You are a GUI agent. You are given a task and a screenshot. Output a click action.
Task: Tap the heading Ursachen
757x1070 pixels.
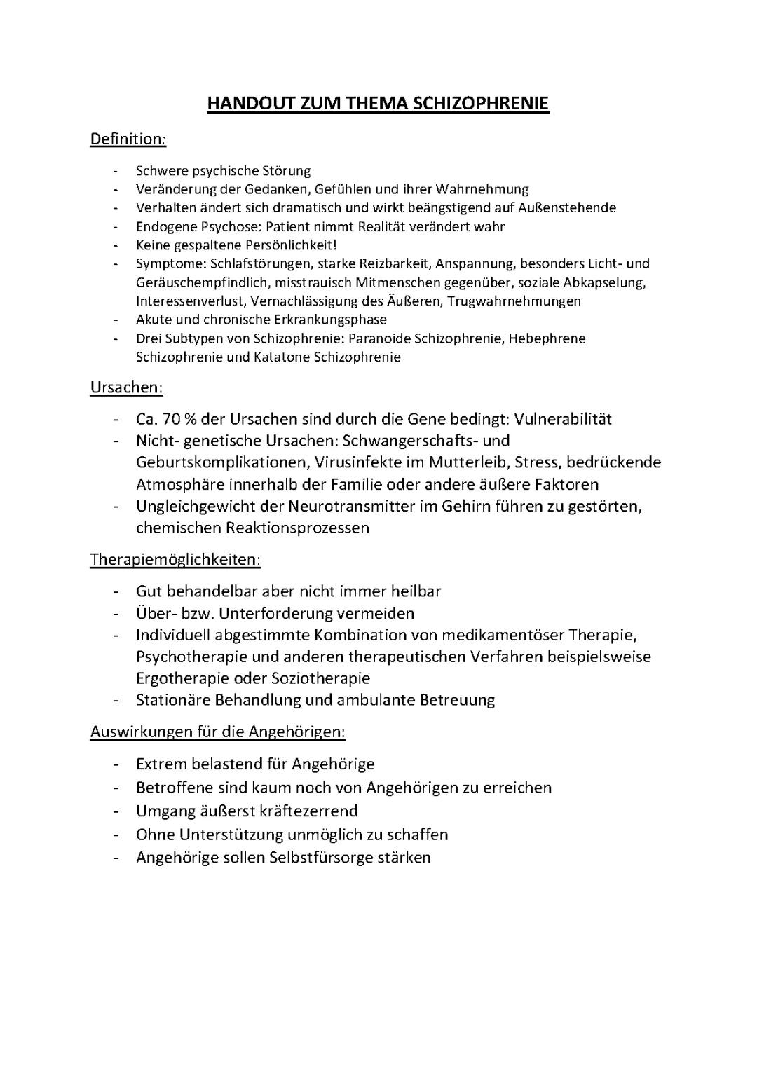[x=126, y=387]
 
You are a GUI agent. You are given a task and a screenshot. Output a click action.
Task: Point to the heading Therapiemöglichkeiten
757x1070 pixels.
[x=175, y=559]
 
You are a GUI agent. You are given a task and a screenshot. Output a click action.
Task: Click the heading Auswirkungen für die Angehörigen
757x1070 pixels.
[x=218, y=732]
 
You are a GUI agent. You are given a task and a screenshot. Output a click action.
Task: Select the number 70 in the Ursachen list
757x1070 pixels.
[x=171, y=419]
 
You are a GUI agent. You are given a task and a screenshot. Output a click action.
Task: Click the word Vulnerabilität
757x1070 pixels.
[x=563, y=419]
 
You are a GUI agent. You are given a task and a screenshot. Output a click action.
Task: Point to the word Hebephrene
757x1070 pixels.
[x=547, y=338]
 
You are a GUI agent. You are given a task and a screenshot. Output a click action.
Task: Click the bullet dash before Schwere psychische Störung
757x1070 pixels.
[x=115, y=171]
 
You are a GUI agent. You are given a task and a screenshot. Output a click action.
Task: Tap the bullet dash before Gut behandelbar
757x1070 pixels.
[x=115, y=591]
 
